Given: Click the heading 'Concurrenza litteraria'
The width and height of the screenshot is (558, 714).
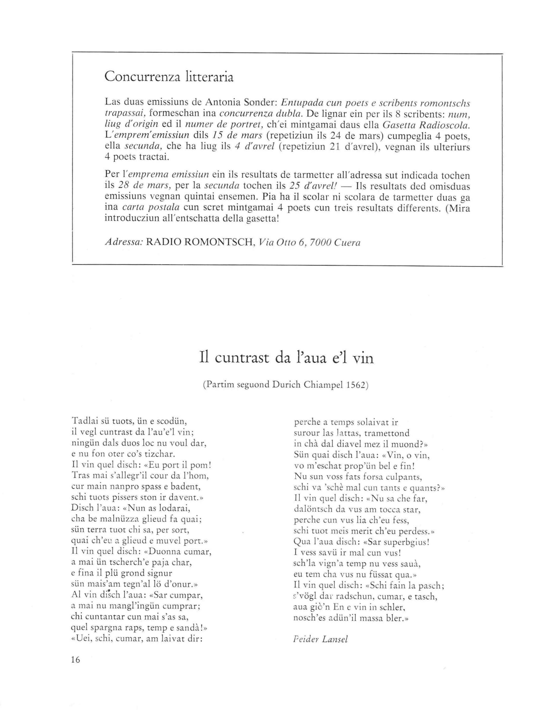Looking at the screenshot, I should click(x=169, y=77).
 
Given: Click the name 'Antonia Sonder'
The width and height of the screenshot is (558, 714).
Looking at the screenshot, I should click(x=241, y=103).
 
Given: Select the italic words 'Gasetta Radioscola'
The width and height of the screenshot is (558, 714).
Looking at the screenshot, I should click(x=426, y=125).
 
